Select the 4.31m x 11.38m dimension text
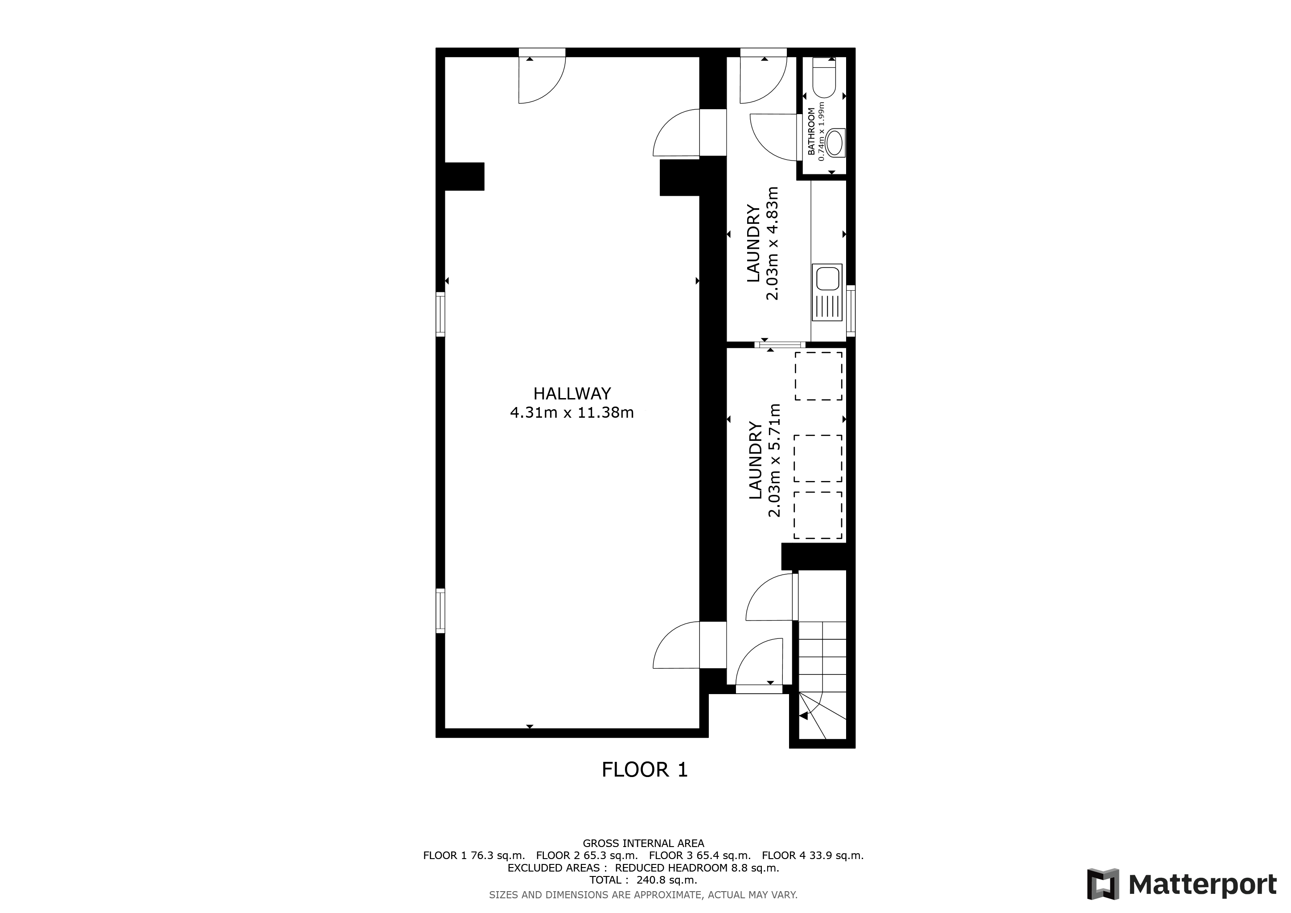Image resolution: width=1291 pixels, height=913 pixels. (572, 413)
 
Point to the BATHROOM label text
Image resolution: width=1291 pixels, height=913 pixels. (811, 132)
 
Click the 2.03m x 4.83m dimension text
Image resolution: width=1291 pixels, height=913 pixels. (773, 243)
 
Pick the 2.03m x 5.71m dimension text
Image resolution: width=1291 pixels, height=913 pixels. (774, 460)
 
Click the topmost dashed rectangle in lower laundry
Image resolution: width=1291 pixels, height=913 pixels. (818, 376)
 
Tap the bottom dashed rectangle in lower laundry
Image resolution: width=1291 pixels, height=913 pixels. (818, 515)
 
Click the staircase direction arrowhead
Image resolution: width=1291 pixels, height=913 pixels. (803, 716)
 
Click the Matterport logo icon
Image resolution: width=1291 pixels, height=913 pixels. (1102, 884)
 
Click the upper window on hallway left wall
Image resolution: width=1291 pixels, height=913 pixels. (440, 314)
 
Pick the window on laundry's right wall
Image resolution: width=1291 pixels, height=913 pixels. (851, 310)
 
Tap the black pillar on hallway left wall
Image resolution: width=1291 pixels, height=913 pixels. (464, 177)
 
